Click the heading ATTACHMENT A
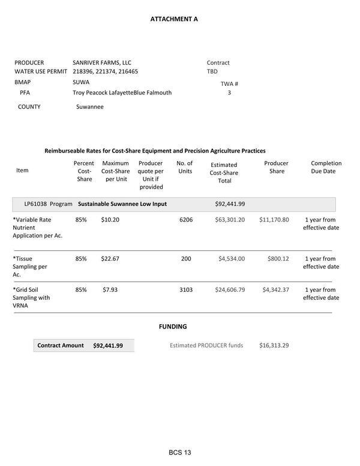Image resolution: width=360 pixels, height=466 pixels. click(174, 19)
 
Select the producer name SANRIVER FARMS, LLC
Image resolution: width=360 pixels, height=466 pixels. click(102, 62)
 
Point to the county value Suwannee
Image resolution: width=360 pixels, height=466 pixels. click(90, 107)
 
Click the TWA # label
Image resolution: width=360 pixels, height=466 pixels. click(229, 84)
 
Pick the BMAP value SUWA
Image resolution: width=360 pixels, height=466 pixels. click(81, 82)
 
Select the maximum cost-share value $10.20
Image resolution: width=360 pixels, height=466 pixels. click(110, 220)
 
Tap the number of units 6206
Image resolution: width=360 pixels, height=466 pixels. click(186, 220)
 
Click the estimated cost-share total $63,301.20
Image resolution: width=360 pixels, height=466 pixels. click(230, 220)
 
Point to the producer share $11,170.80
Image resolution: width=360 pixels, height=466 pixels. click(274, 220)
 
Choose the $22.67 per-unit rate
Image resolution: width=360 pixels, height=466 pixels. click(110, 259)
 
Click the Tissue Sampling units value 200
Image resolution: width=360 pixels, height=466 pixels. click(186, 259)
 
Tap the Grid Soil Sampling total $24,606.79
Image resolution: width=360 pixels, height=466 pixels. click(230, 290)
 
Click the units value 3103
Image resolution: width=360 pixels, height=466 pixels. click(186, 290)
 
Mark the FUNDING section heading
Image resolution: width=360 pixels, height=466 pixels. click(173, 327)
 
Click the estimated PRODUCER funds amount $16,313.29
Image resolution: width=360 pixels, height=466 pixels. click(274, 345)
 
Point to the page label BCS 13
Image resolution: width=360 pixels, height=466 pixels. click(180, 452)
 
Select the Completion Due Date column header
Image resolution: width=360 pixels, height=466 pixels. click(326, 167)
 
